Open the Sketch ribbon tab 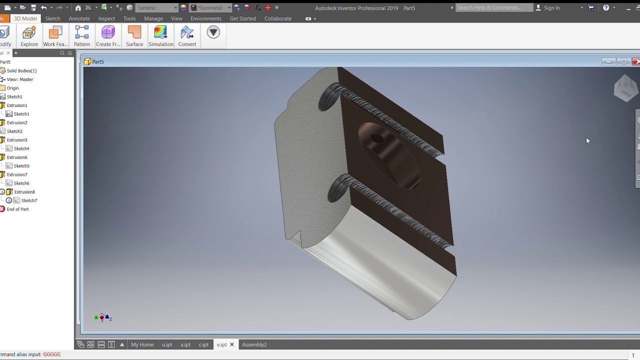52,18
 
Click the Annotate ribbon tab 79,18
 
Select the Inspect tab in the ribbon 106,18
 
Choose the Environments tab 205,18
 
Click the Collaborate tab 277,18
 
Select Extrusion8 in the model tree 24,192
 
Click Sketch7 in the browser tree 29,200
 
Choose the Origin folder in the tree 12,88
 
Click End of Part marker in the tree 17,209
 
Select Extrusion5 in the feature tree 17,140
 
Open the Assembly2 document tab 254,344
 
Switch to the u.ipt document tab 167,344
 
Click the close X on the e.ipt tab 232,344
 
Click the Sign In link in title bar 551,8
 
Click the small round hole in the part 377,139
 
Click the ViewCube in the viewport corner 625,88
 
